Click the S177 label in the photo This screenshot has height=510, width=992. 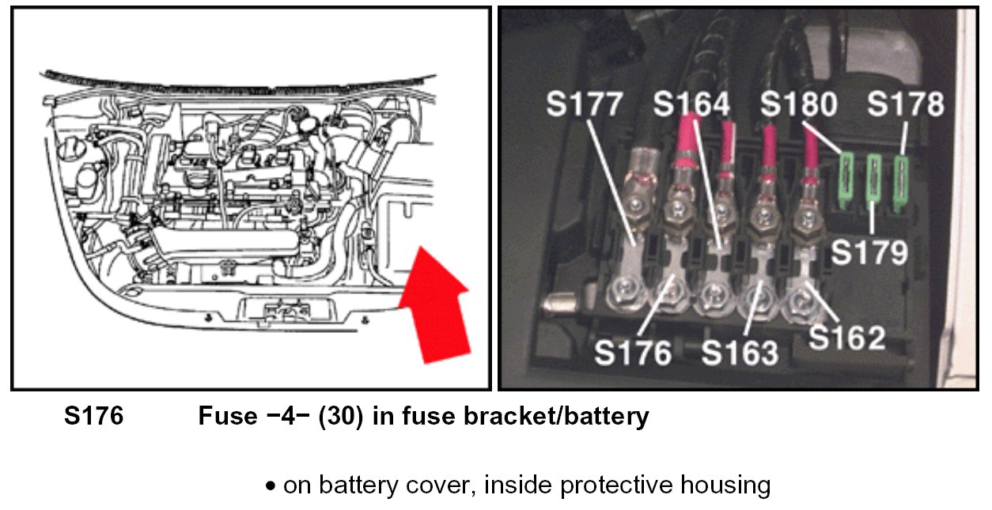coord(585,105)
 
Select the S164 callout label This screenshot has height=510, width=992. coord(693,105)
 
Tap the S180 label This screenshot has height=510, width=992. coord(800,105)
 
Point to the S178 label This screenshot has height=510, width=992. coord(906,105)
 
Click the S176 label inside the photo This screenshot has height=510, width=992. coord(633,352)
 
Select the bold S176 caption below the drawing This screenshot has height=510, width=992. coord(93,416)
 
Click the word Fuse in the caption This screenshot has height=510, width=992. coord(226,416)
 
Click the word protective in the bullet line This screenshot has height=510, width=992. coord(600,484)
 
